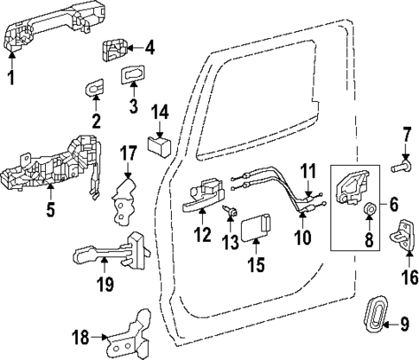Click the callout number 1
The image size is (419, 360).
click(x=11, y=81)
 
